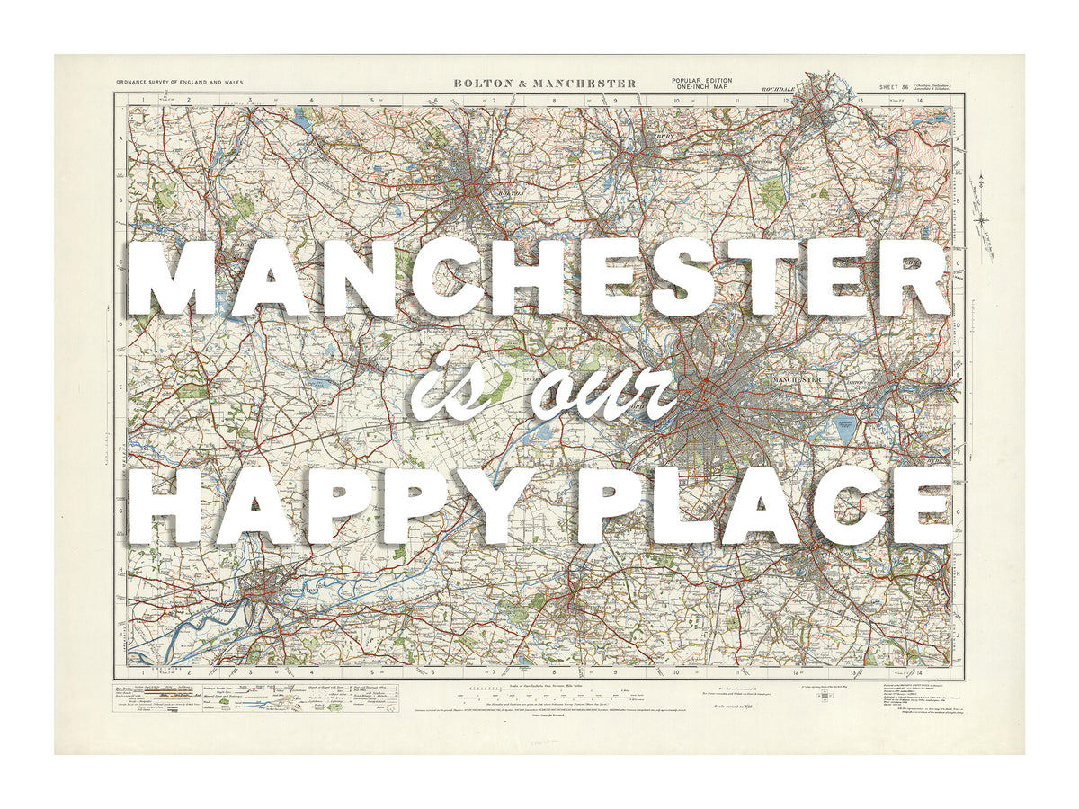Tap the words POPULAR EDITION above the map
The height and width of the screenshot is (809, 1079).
(x=701, y=80)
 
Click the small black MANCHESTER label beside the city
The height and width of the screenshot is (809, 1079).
(x=797, y=379)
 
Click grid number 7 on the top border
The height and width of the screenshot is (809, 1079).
(x=494, y=100)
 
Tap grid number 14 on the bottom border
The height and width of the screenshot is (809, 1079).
(x=920, y=672)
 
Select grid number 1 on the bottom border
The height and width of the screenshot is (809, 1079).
(x=142, y=672)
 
